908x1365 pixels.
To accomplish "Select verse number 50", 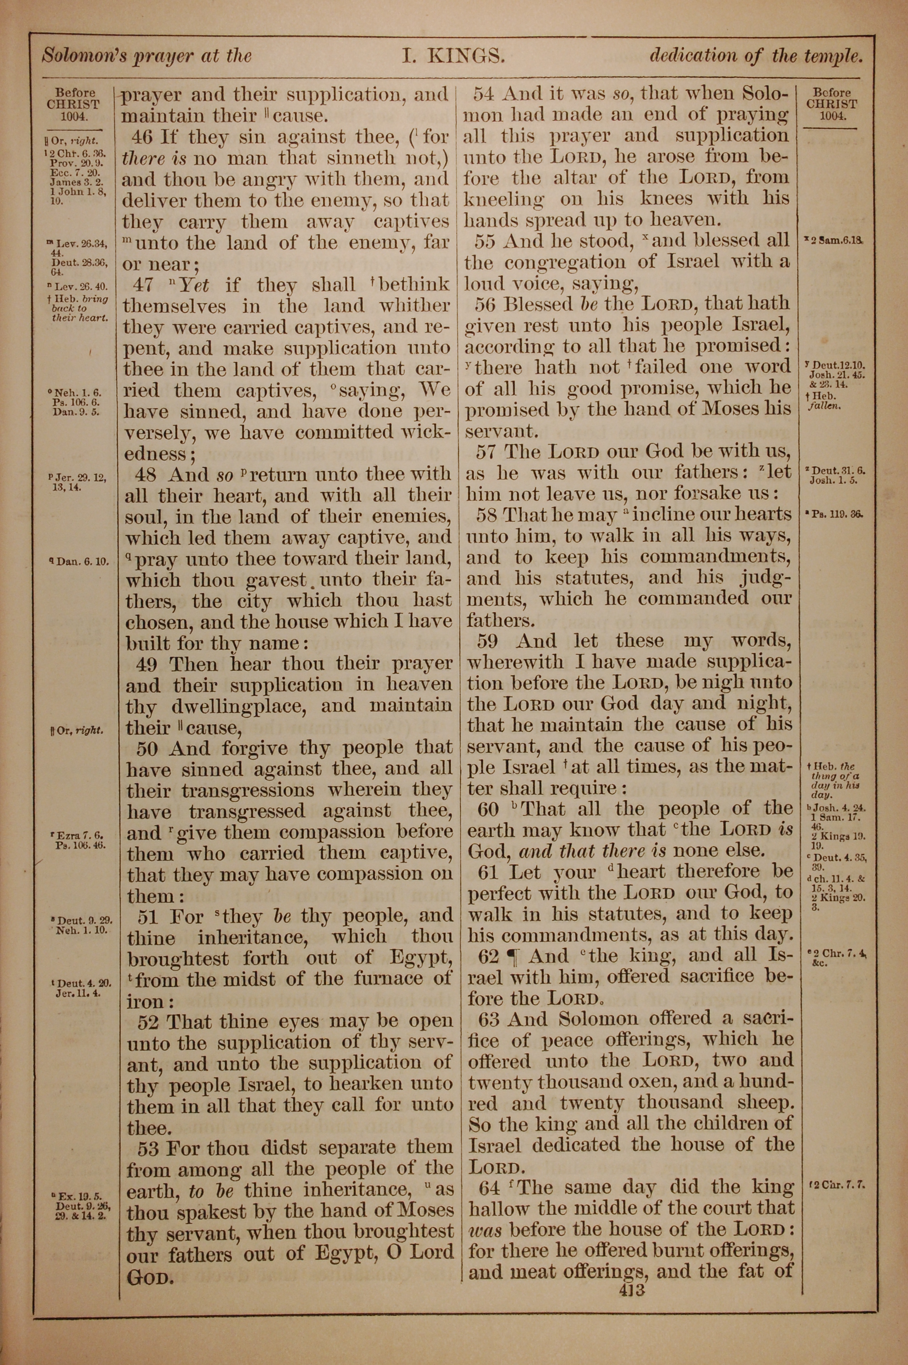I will (148, 748).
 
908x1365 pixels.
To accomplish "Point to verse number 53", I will (149, 1148).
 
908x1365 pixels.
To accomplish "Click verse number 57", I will (488, 452).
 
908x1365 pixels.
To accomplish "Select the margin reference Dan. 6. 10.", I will (79, 561).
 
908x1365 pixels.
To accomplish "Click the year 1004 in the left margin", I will (73, 116).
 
